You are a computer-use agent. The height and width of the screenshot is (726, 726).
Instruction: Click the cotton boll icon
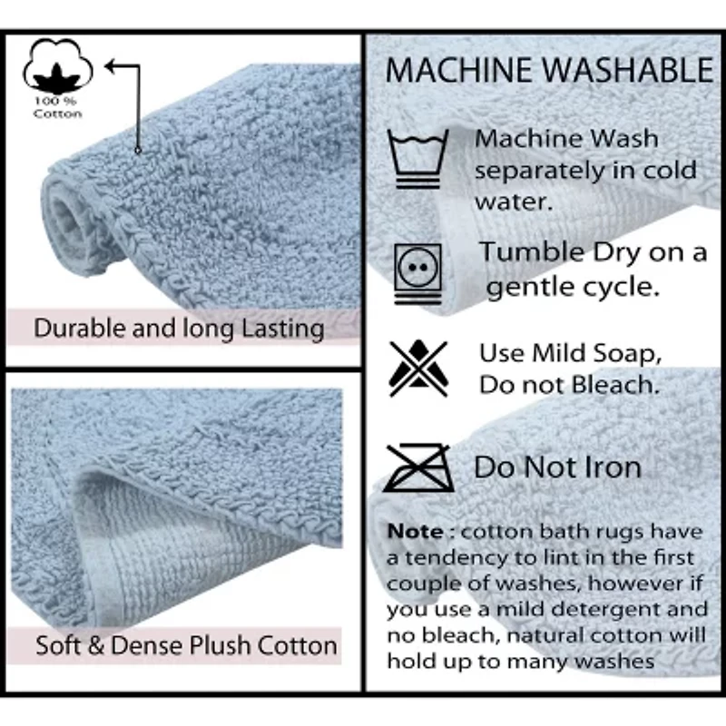[x=56, y=65]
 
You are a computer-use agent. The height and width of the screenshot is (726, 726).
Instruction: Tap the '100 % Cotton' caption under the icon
[x=57, y=107]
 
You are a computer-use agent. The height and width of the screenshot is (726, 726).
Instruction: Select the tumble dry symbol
[x=417, y=272]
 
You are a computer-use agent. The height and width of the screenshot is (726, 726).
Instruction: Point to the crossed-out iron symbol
[x=417, y=467]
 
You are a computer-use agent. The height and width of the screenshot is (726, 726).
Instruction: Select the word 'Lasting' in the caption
[x=280, y=329]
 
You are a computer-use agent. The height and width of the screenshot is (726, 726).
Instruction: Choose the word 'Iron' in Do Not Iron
[x=612, y=468]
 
